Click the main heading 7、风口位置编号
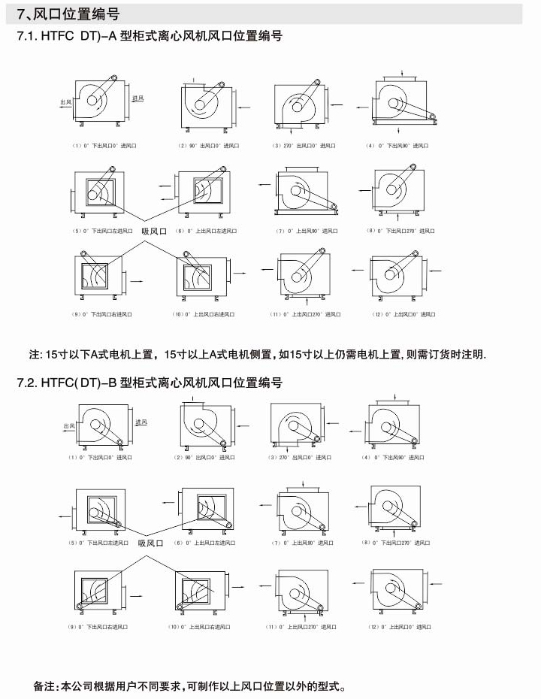pyautogui.click(x=68, y=14)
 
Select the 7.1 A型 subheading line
pyautogui.click(x=150, y=35)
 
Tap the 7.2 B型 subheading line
pyautogui.click(x=150, y=383)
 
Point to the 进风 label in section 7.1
pyautogui.click(x=138, y=98)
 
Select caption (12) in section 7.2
pyautogui.click(x=397, y=626)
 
